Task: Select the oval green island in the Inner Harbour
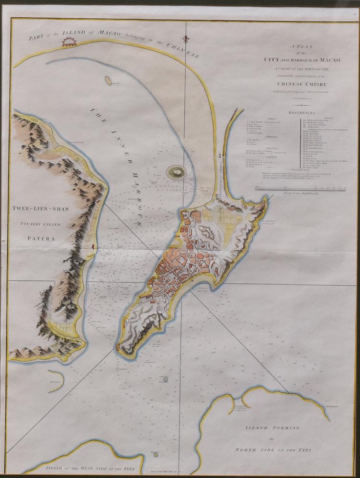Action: tap(176, 171)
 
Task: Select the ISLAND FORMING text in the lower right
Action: tap(272, 427)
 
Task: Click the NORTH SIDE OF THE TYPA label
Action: tap(272, 450)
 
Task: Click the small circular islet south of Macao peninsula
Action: tap(165, 378)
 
